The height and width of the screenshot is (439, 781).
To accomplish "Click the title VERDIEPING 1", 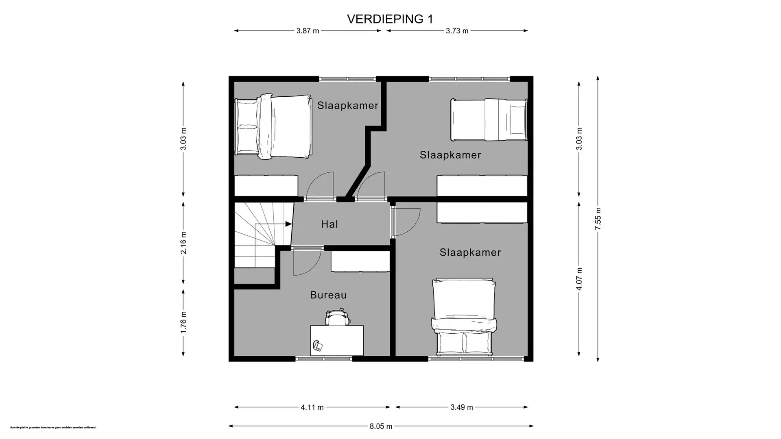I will tap(390, 19).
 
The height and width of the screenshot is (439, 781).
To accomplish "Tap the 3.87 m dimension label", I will tap(308, 31).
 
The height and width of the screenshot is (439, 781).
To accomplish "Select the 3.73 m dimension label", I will tap(457, 31).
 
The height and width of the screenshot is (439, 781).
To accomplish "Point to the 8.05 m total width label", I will tap(381, 426).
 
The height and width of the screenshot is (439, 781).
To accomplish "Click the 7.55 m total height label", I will tap(598, 219).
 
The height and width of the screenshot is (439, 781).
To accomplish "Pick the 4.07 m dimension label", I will tap(579, 279).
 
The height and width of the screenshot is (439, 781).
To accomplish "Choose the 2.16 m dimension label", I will tap(183, 243).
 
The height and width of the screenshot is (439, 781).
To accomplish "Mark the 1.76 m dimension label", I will tap(183, 322).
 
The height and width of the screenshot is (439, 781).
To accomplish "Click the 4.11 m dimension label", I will tap(312, 407).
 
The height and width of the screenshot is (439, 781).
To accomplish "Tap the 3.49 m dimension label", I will tap(462, 407).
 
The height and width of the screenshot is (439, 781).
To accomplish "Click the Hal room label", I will tap(329, 224).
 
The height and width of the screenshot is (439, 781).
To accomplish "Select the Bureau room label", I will tap(328, 295).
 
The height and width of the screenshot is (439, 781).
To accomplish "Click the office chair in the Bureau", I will tap(337, 317).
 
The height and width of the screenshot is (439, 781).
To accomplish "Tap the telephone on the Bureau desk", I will tap(318, 346).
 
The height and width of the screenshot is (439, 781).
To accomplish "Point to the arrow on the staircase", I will tap(288, 224).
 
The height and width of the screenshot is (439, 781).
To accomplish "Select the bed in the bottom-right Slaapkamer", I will tap(464, 317).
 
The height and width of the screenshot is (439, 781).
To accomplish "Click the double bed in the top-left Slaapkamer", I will tap(273, 126).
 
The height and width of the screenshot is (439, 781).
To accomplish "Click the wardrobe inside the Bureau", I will tap(360, 261).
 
